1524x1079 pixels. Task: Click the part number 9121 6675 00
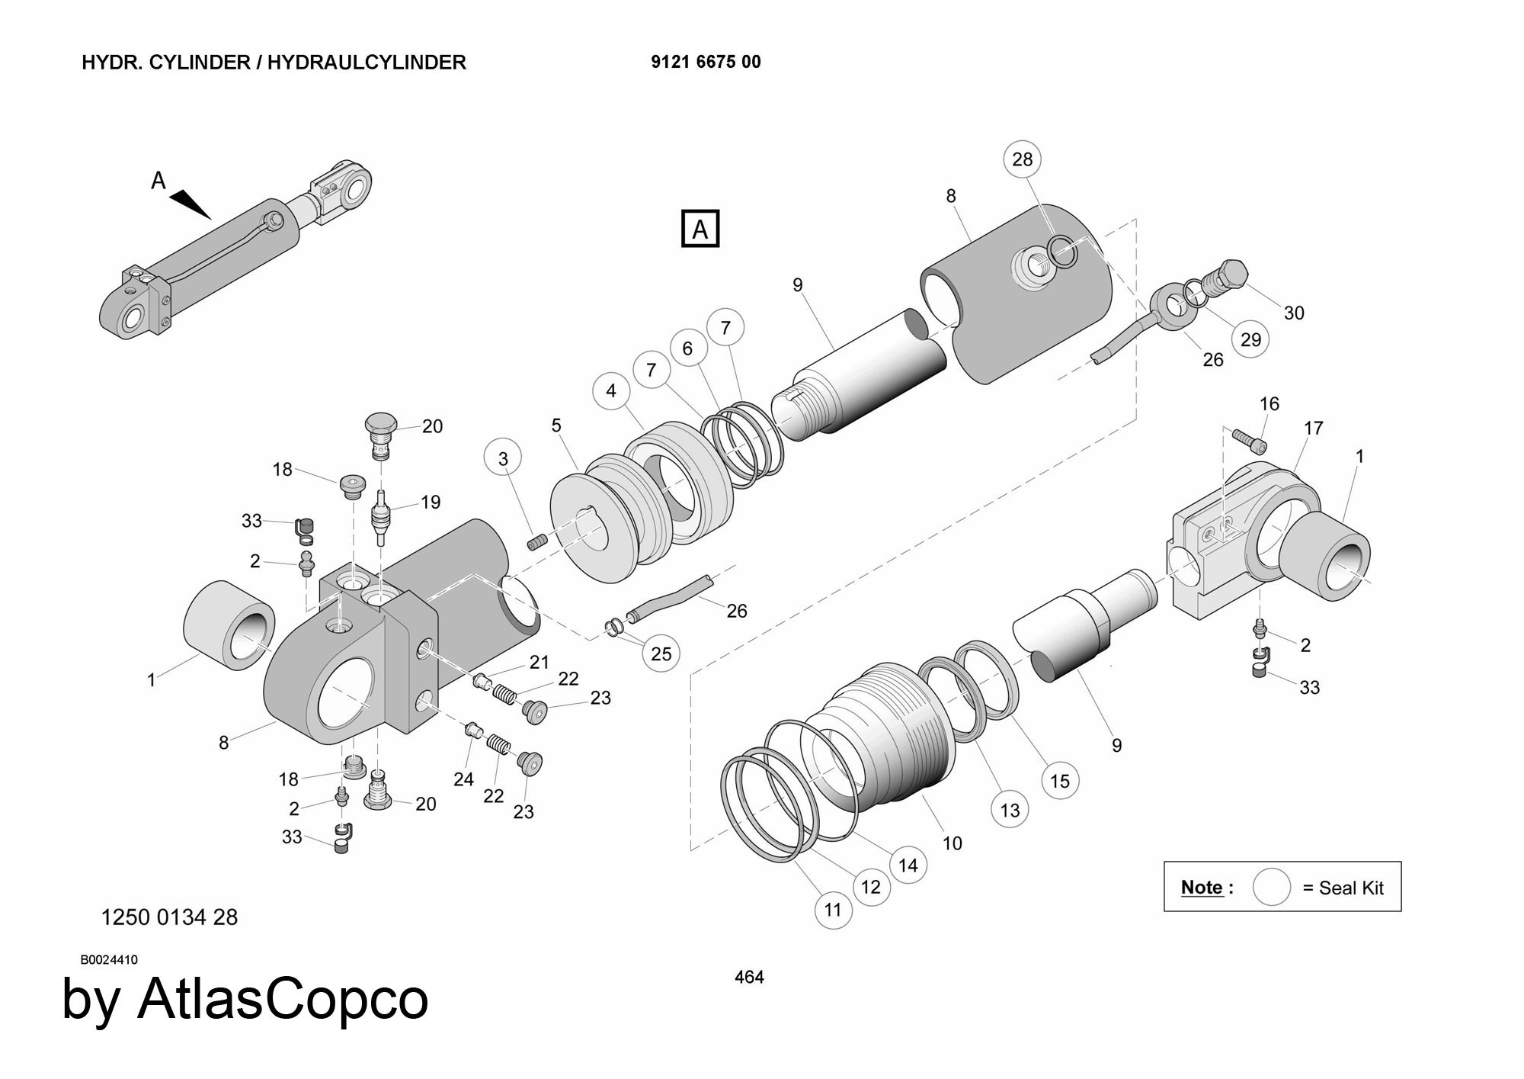pos(706,63)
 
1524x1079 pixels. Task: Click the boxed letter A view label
pos(700,229)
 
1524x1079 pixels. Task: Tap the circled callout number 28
pos(1022,159)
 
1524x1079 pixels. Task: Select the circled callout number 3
pos(503,458)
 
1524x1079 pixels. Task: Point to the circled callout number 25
pos(661,654)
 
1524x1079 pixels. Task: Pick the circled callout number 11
pos(833,909)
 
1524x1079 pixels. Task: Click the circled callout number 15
pos(1059,780)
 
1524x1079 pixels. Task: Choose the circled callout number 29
pos(1250,339)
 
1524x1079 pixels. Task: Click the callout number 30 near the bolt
pos(1294,313)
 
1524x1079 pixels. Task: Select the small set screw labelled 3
pos(538,542)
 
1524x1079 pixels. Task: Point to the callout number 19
pos(431,502)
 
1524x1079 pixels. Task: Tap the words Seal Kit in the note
pos(1351,888)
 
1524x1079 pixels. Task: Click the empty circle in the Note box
pos(1271,887)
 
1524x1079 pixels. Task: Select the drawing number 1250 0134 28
pos(169,917)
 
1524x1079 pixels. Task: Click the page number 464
pos(749,977)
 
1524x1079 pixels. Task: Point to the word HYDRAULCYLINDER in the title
pos(367,63)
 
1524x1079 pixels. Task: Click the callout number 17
pos(1313,429)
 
